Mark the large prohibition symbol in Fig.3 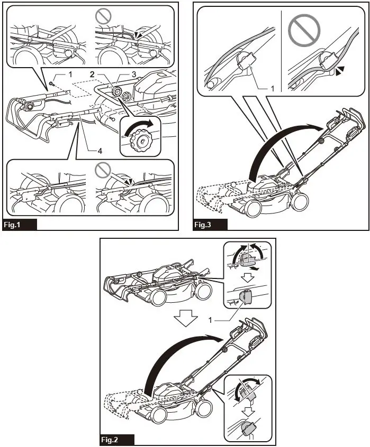304,29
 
